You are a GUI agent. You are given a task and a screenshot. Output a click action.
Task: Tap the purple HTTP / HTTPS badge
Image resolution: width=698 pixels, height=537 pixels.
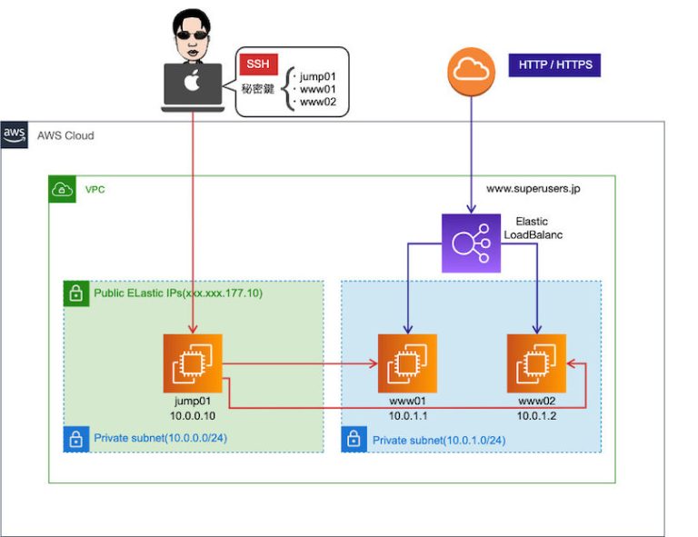(554, 65)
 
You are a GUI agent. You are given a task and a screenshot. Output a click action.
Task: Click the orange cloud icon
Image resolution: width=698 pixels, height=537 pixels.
(471, 71)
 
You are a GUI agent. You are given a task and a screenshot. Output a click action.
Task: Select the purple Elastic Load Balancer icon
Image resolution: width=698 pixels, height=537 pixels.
(471, 244)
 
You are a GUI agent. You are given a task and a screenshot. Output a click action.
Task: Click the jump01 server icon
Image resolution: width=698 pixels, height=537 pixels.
(193, 363)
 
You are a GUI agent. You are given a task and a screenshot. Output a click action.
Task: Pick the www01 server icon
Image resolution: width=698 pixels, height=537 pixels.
(407, 363)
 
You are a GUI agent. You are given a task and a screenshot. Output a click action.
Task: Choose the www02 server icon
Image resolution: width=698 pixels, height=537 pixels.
(536, 363)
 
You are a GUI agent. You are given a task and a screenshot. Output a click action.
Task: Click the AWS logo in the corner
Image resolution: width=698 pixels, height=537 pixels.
(15, 135)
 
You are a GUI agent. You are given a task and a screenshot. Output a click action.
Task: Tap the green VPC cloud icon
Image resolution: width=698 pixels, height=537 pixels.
(63, 190)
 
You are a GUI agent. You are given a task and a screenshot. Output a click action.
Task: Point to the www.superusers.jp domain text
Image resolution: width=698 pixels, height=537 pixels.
(533, 190)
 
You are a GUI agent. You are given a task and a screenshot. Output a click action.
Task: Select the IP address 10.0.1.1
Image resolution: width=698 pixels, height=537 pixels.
(408, 414)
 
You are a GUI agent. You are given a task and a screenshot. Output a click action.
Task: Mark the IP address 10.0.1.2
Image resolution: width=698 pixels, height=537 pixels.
(536, 414)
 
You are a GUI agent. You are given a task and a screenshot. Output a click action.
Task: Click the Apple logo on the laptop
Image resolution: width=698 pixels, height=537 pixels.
(192, 84)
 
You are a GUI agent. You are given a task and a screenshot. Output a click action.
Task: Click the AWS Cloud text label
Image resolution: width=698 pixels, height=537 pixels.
(65, 135)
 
